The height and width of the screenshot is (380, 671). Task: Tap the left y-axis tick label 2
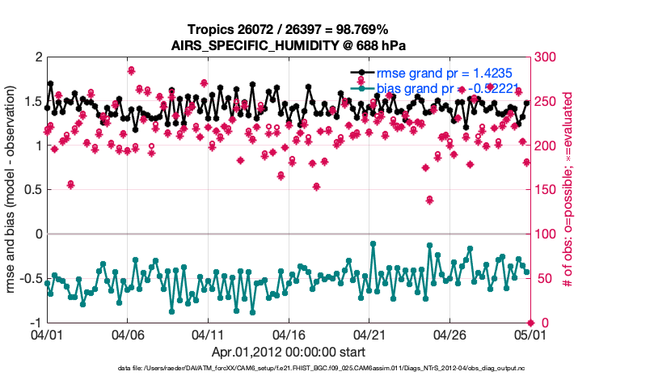37,57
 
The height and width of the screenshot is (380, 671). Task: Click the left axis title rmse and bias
11,190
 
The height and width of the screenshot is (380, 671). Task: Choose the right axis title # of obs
569,190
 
